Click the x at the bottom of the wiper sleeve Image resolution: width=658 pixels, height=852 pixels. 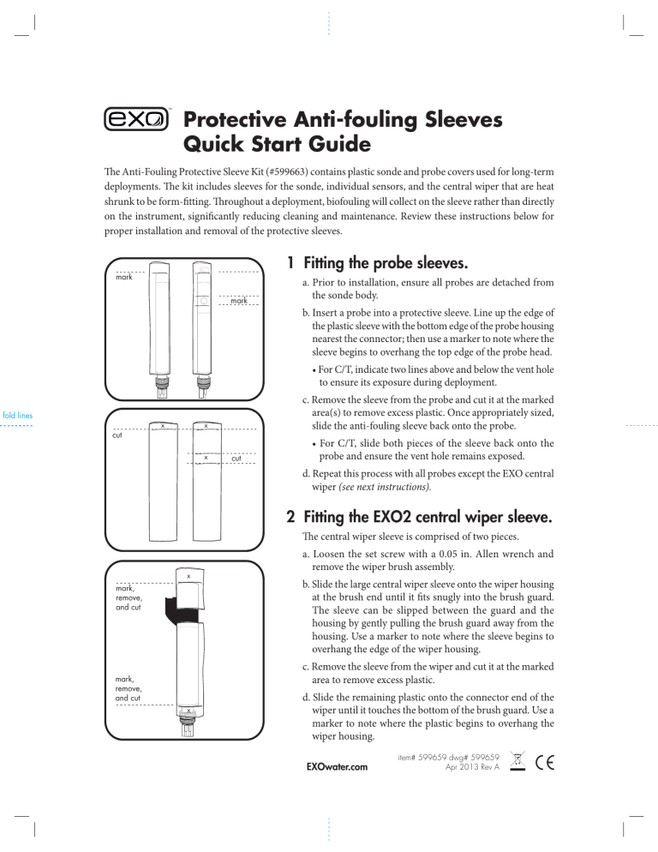pyautogui.click(x=188, y=710)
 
